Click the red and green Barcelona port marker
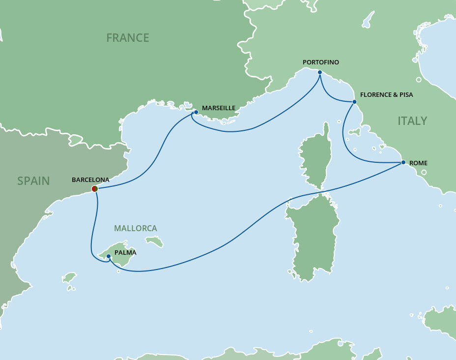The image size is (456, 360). pyautogui.click(x=95, y=188)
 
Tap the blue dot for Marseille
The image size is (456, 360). pyautogui.click(x=196, y=112)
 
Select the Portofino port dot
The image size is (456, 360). pyautogui.click(x=320, y=72)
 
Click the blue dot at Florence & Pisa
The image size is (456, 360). pyautogui.click(x=354, y=102)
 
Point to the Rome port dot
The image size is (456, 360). pyautogui.click(x=403, y=162)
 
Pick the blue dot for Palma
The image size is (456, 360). pyautogui.click(x=109, y=256)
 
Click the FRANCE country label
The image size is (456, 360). pyautogui.click(x=127, y=38)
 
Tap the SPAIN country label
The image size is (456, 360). pyautogui.click(x=33, y=181)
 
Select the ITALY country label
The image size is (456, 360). pyautogui.click(x=412, y=121)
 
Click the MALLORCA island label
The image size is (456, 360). pyautogui.click(x=135, y=228)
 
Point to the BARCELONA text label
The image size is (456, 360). pyautogui.click(x=90, y=180)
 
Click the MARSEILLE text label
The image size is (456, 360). pyautogui.click(x=219, y=108)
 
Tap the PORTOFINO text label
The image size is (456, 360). pyautogui.click(x=321, y=62)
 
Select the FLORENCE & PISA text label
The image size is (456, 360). pyautogui.click(x=386, y=94)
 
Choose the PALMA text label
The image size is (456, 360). pyautogui.click(x=125, y=253)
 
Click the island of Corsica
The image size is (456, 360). pyautogui.click(x=315, y=157)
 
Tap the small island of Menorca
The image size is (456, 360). pyautogui.click(x=154, y=241)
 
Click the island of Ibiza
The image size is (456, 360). pyautogui.click(x=70, y=278)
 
